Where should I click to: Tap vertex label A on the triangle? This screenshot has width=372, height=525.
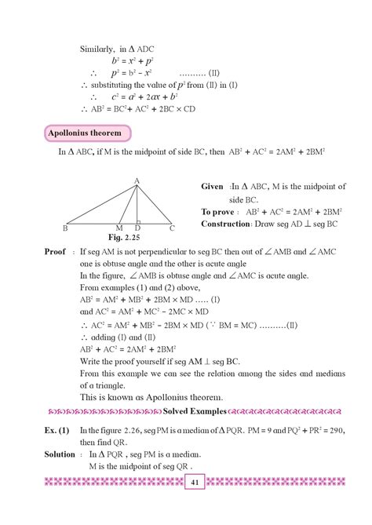(x=137, y=181)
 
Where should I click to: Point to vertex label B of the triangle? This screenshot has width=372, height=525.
(x=65, y=228)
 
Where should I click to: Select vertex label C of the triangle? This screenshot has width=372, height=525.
(x=173, y=228)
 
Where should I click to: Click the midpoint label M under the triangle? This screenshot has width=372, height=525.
(x=120, y=228)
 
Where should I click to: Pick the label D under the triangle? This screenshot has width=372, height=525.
(x=137, y=228)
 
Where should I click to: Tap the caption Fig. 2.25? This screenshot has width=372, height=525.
(x=122, y=236)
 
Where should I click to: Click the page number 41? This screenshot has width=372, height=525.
(x=193, y=505)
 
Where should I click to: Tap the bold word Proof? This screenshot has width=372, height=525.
(x=56, y=253)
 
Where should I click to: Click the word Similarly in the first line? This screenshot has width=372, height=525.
(x=98, y=49)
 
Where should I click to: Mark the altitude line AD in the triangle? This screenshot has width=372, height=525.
(x=137, y=204)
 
